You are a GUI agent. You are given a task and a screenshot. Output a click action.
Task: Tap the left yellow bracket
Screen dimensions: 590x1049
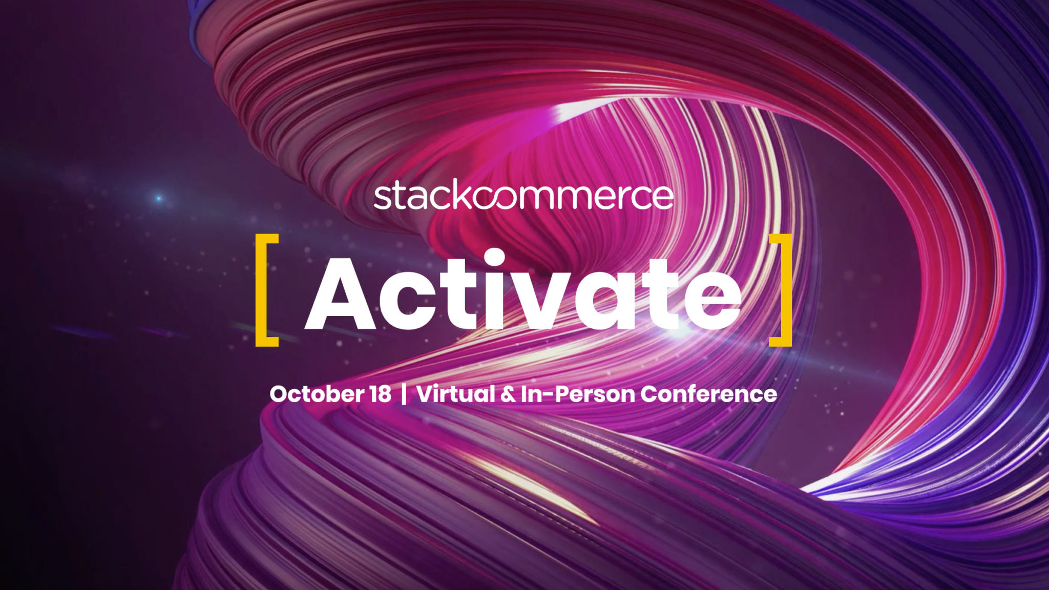(x=265, y=290)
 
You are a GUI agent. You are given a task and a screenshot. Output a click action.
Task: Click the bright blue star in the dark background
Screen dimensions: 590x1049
(x=159, y=198)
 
